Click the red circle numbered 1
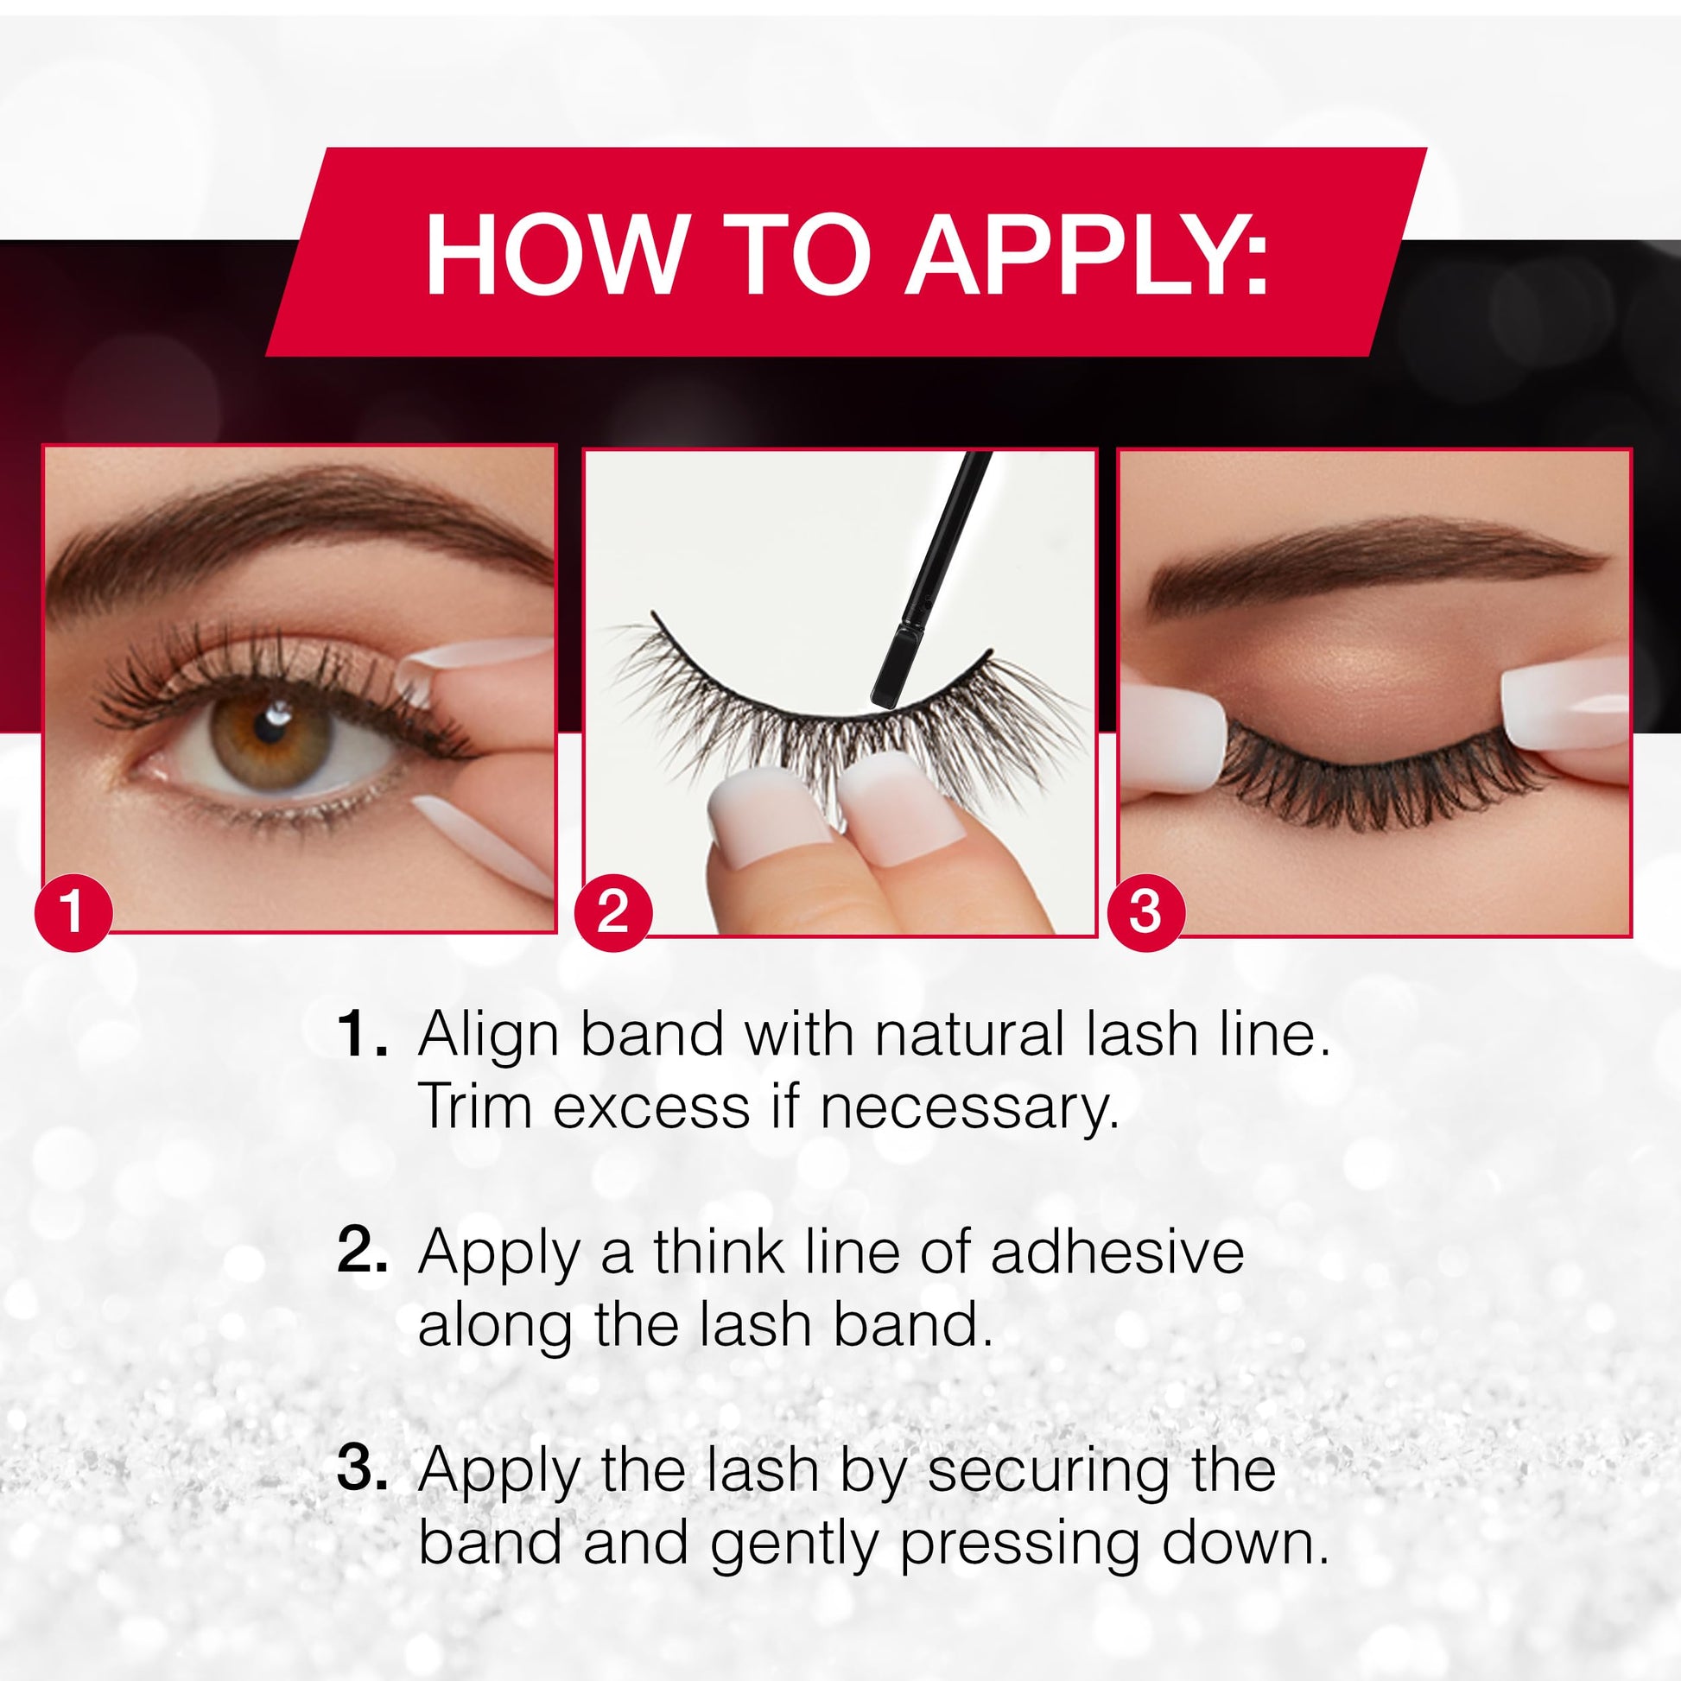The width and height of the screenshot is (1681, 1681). (74, 913)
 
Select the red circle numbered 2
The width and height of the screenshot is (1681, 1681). (612, 913)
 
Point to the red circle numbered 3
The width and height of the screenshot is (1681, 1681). (1145, 913)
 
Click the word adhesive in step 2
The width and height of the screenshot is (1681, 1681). (1117, 1252)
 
